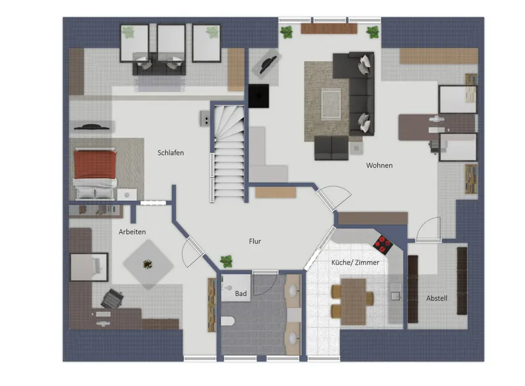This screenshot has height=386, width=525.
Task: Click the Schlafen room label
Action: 171,153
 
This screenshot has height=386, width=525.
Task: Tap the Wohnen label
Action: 379,165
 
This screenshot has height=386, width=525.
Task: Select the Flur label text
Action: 255,242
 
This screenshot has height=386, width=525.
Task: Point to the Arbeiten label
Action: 133,232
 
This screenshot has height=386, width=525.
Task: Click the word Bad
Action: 241,294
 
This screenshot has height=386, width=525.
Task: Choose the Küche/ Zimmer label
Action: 355,263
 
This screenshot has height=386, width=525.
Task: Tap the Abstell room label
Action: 436,298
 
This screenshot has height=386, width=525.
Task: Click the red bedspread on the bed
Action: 95,165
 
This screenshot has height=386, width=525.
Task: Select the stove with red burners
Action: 384,245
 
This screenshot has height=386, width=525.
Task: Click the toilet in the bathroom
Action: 227,321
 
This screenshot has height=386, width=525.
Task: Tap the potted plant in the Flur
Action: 226,261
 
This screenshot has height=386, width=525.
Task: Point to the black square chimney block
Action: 259,96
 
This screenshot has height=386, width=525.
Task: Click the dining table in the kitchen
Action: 353,301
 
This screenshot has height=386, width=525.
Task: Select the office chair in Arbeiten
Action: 112,298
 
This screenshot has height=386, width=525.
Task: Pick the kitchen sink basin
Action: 396,296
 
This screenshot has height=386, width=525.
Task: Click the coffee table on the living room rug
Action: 331,104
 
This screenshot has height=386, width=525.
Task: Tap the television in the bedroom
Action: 91,127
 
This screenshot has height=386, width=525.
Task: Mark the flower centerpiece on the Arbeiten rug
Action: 148,265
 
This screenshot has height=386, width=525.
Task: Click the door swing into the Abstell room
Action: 429,228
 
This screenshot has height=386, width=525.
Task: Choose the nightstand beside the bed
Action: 127,195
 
